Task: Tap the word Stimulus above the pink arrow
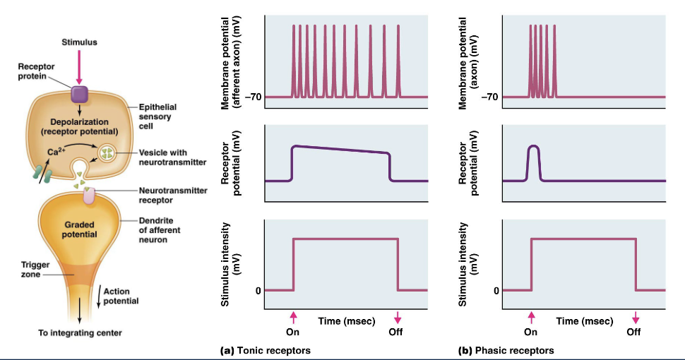[79, 42]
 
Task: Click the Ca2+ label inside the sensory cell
[57, 151]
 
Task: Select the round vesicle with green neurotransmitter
[109, 153]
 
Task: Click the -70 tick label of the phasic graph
[489, 97]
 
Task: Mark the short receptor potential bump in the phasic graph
[535, 159]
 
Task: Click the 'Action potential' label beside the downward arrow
[120, 296]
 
